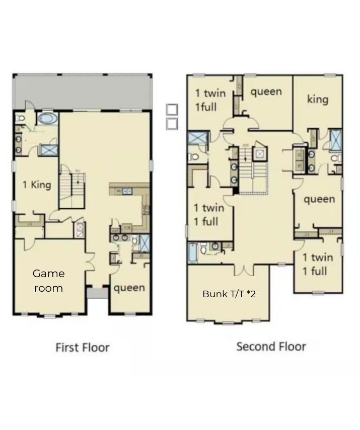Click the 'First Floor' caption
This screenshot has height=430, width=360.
point(82,347)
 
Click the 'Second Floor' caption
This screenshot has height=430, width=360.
point(271,346)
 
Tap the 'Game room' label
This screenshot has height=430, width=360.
point(49,281)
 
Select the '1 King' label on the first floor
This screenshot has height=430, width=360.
point(37,185)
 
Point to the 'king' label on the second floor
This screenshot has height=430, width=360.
point(318,99)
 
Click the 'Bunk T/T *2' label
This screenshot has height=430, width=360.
point(229,294)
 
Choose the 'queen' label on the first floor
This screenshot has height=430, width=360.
point(129,288)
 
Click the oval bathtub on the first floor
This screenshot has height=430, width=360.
point(47,119)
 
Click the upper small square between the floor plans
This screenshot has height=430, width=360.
point(172,110)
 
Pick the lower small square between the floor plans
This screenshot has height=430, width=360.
point(172,123)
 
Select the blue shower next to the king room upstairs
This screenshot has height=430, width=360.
point(335,139)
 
